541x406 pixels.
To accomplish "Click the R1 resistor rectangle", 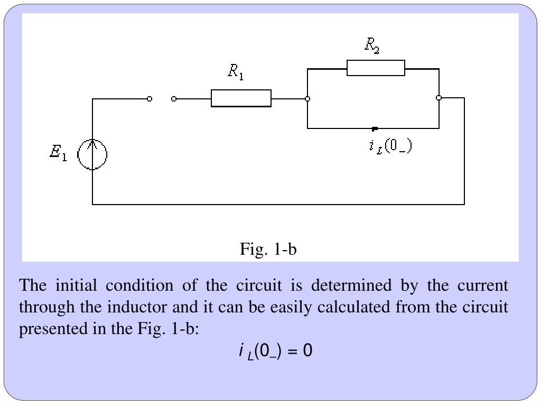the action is tap(241, 98).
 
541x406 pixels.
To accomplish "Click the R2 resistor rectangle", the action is tap(376, 68).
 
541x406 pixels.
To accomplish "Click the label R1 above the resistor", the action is tap(236, 72).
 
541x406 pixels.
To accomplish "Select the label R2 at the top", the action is tap(372, 45).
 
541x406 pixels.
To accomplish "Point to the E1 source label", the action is tap(58, 153).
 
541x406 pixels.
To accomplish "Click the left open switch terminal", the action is tap(150, 99).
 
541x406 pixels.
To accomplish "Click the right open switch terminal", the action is tap(174, 99).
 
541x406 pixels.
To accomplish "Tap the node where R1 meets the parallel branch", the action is tap(307, 99).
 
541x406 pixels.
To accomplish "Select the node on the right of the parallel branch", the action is tap(439, 98).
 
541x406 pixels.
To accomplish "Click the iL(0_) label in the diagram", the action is tap(390, 146).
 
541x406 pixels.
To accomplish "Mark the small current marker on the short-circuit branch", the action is tap(375, 129).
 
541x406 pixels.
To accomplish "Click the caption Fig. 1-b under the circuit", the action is tap(268, 249).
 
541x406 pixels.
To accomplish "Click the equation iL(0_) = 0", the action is tap(275, 351).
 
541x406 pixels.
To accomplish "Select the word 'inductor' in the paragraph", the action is tap(137, 307).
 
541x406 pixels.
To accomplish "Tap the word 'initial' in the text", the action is tap(76, 285).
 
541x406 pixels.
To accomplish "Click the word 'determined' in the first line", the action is tap(351, 285).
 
